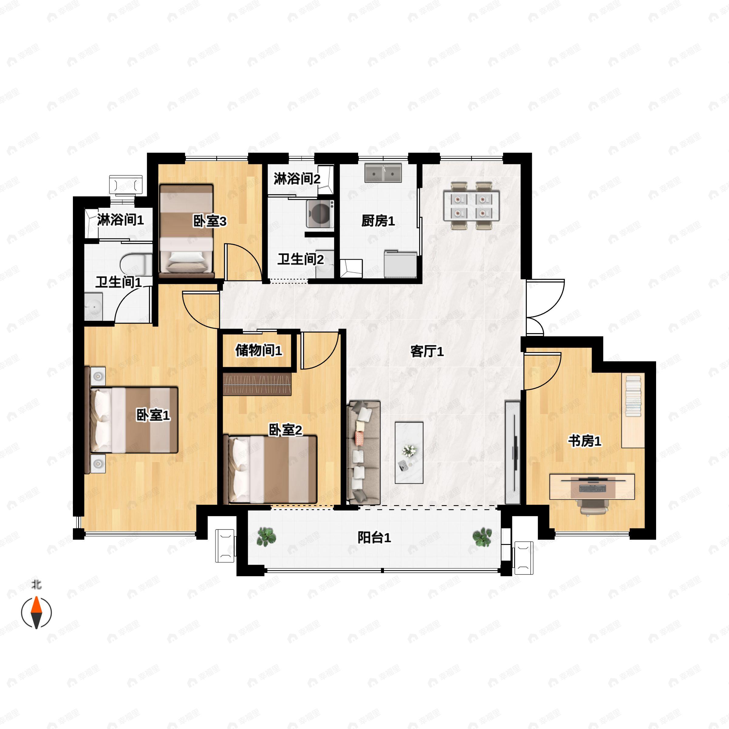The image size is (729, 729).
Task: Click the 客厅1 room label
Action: point(427,352)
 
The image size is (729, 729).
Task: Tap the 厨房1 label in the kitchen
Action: point(378,221)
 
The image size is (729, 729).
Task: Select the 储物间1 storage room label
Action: point(258,350)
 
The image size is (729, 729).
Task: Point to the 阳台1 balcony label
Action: point(374,537)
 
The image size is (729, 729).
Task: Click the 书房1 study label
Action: point(584,441)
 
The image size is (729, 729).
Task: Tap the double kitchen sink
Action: point(383,173)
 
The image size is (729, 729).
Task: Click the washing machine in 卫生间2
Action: point(320,214)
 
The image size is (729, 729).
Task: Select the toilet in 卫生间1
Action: point(136,265)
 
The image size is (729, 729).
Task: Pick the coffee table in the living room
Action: point(409,453)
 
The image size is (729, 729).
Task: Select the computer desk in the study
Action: point(592,487)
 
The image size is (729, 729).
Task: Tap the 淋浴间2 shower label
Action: point(297,179)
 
